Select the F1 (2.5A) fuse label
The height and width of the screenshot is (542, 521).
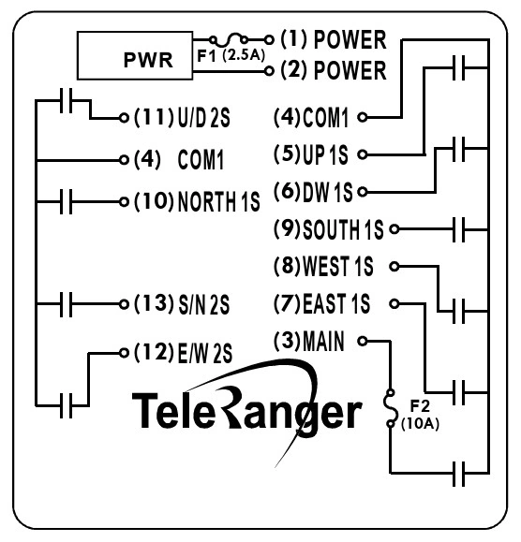tap(230, 54)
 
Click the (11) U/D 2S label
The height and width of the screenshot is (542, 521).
tap(184, 119)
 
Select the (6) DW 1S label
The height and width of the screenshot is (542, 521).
tap(313, 191)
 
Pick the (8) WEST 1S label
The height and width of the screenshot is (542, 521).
tap(322, 267)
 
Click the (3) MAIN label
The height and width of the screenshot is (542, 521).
tap(310, 341)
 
